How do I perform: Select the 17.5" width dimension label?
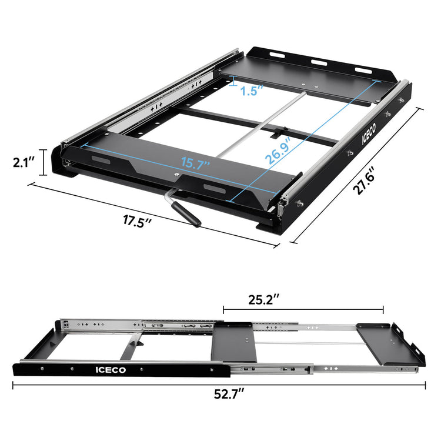pos(138,222)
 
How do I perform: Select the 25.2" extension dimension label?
pos(262,299)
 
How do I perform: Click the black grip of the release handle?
pos(189,216)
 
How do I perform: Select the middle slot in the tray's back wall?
pos(319,61)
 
